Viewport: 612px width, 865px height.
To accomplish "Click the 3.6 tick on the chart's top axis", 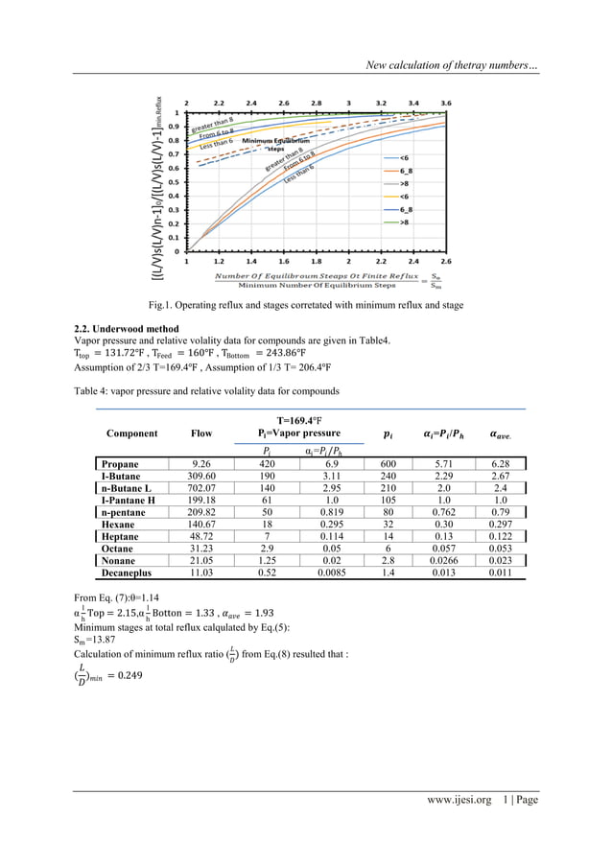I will click(x=445, y=102).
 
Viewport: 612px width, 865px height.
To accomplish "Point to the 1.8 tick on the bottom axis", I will click(x=316, y=260).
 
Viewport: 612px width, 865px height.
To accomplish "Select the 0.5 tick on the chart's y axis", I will click(x=174, y=181).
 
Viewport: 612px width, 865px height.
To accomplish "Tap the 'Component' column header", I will click(x=132, y=433).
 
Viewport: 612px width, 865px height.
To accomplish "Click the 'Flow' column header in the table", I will click(x=200, y=433).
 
